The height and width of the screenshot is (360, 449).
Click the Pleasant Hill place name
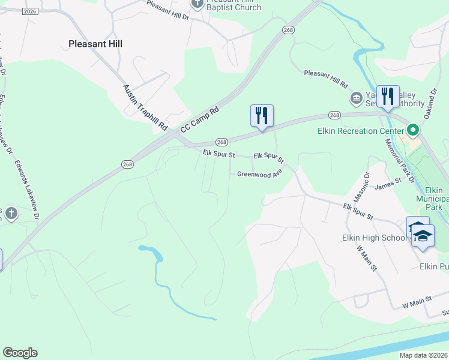click(x=95, y=43)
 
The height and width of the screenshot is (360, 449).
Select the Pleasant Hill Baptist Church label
click(x=234, y=5)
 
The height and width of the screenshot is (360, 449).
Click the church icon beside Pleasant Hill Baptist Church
click(x=197, y=4)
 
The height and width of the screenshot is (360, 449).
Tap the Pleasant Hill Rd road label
click(x=326, y=77)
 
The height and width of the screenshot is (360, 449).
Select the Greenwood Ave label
click(x=259, y=175)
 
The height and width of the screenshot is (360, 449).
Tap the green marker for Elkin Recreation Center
click(x=413, y=130)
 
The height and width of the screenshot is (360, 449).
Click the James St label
click(x=387, y=184)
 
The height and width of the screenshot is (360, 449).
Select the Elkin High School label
click(x=375, y=238)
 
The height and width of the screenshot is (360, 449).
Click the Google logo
click(x=20, y=353)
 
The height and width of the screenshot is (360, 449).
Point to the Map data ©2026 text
click(x=423, y=355)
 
